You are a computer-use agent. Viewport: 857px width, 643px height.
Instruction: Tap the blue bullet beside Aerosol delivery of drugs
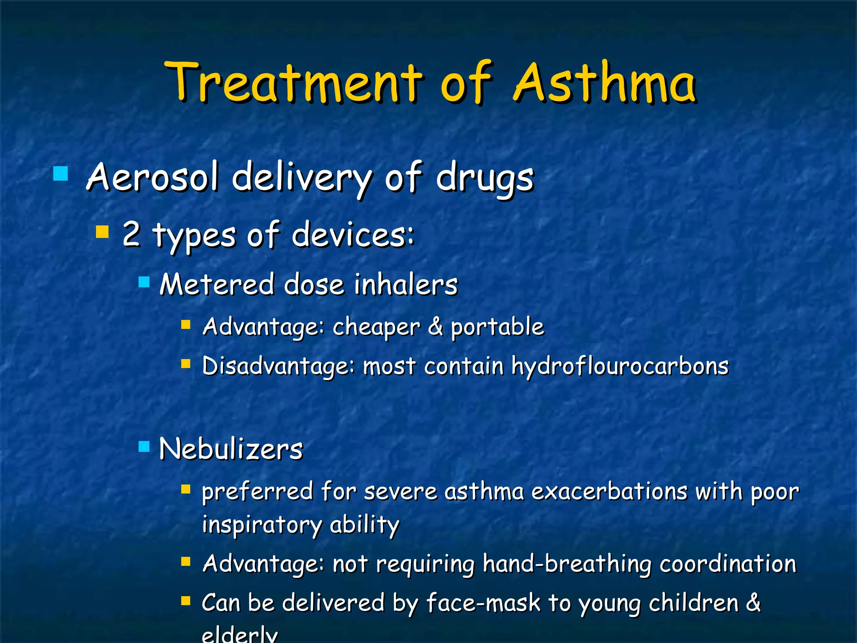pyautogui.click(x=61, y=173)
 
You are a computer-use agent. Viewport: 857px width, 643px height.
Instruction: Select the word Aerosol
pyautogui.click(x=153, y=177)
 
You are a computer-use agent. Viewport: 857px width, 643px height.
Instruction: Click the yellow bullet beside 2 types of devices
pyautogui.click(x=102, y=231)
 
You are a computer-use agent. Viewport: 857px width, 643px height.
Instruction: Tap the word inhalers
pyautogui.click(x=406, y=285)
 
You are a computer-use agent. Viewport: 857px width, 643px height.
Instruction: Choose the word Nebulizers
pyautogui.click(x=231, y=449)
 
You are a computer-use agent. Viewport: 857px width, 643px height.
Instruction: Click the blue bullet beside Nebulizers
pyautogui.click(x=144, y=446)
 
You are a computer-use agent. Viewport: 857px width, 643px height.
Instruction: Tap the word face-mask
pyautogui.click(x=483, y=603)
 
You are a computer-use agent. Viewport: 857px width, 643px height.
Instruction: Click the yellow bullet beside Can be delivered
pyautogui.click(x=186, y=602)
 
